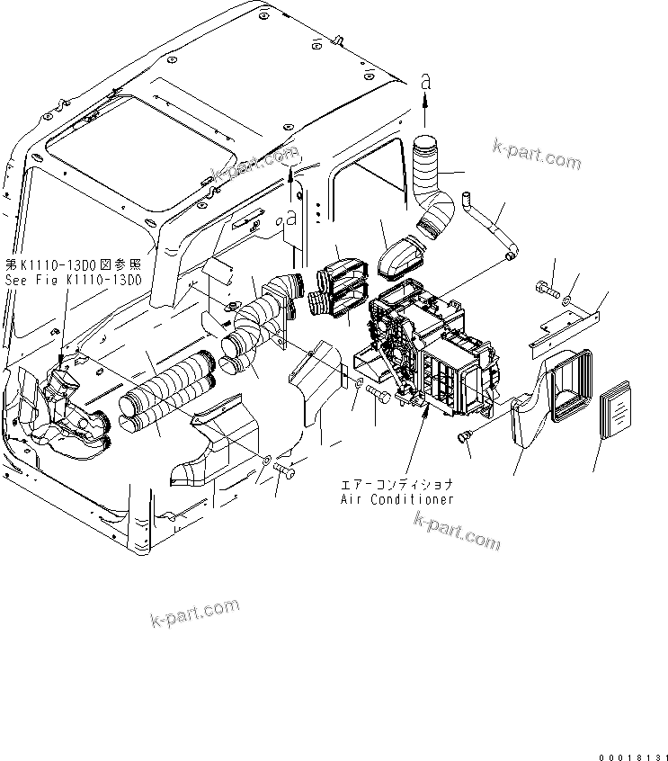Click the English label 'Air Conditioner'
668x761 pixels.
point(396,499)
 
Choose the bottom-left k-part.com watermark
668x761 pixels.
point(194,617)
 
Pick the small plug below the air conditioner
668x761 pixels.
point(466,437)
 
